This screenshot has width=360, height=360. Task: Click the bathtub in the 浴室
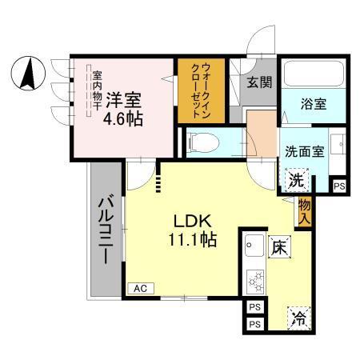313,76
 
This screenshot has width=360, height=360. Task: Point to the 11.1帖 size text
192,238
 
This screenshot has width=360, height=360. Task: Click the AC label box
139,288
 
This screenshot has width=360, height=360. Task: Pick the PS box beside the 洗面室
340,186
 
